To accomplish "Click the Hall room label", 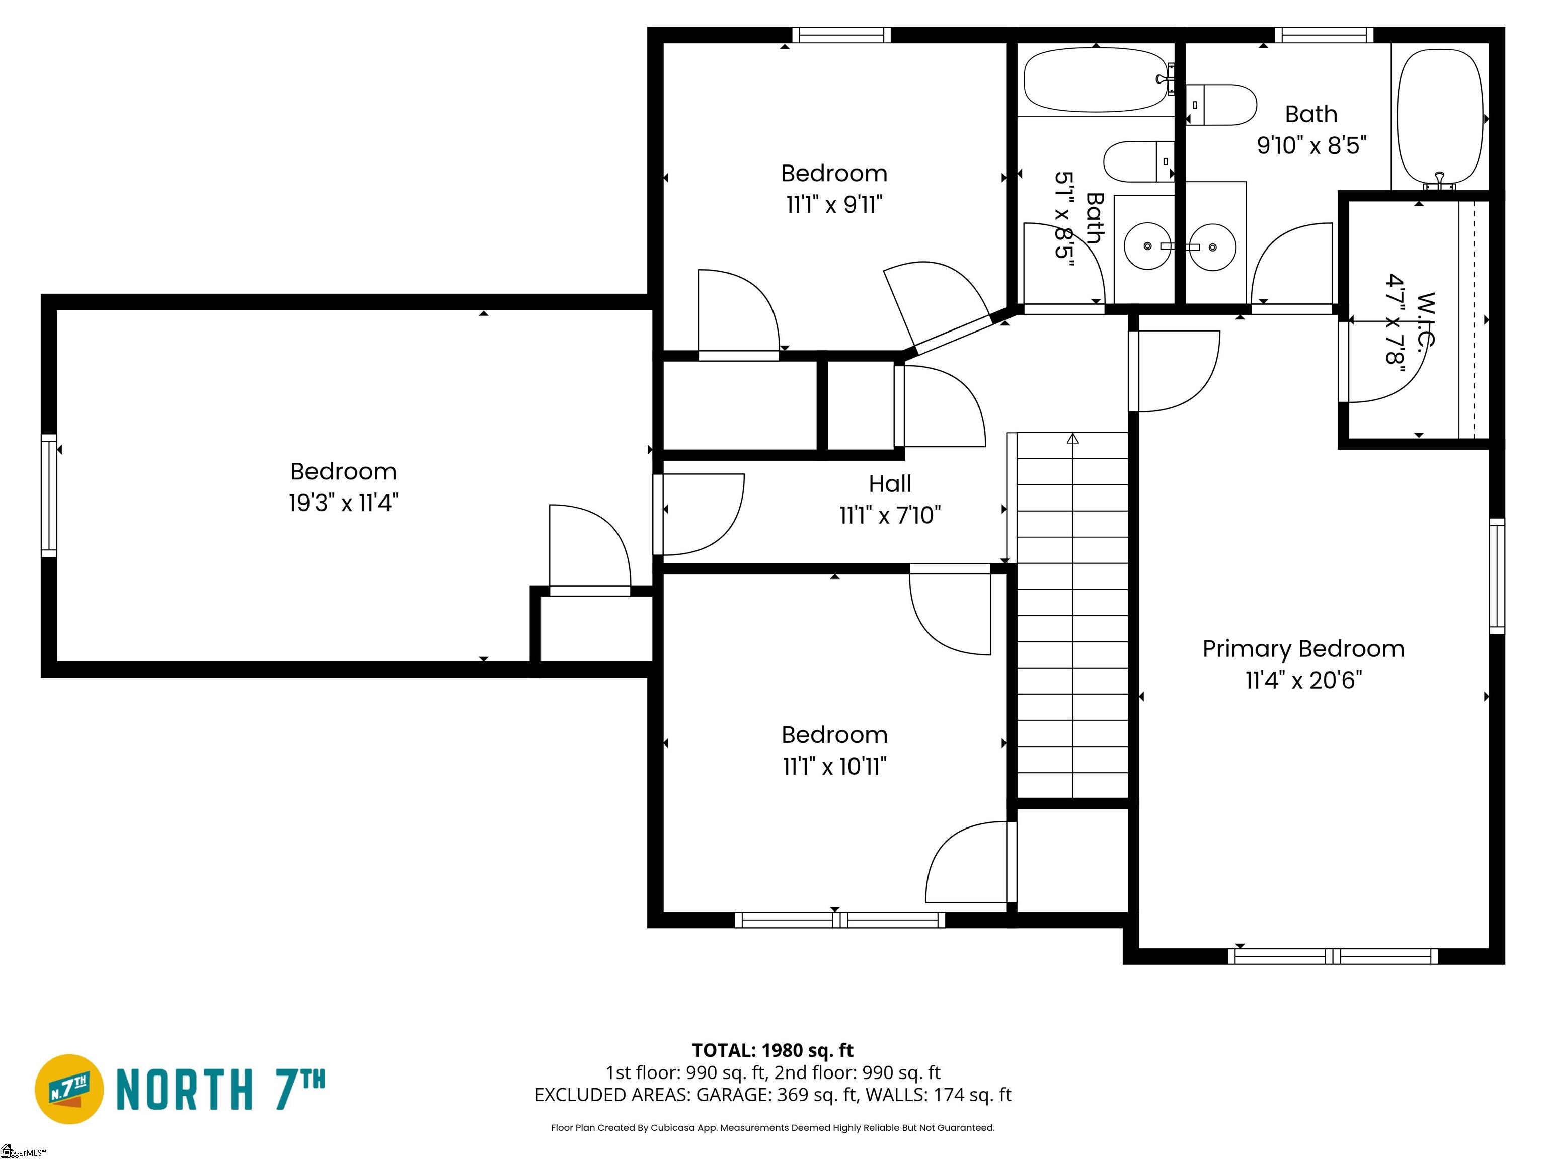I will click(x=889, y=483).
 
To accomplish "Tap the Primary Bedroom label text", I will click(x=1303, y=648).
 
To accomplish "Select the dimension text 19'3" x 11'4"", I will click(x=343, y=503).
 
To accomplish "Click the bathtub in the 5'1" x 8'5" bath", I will click(x=1095, y=79).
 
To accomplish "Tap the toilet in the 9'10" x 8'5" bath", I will click(x=1221, y=105).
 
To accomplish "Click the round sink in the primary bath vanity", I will click(x=1213, y=246).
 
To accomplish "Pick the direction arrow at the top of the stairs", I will click(x=1073, y=439).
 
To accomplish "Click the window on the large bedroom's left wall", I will click(x=48, y=495).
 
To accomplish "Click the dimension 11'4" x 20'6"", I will click(x=1303, y=680).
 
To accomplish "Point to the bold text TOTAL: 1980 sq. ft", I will click(x=772, y=1050).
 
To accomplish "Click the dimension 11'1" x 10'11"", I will click(x=834, y=767).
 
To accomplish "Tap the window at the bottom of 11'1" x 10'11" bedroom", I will click(x=839, y=920).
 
